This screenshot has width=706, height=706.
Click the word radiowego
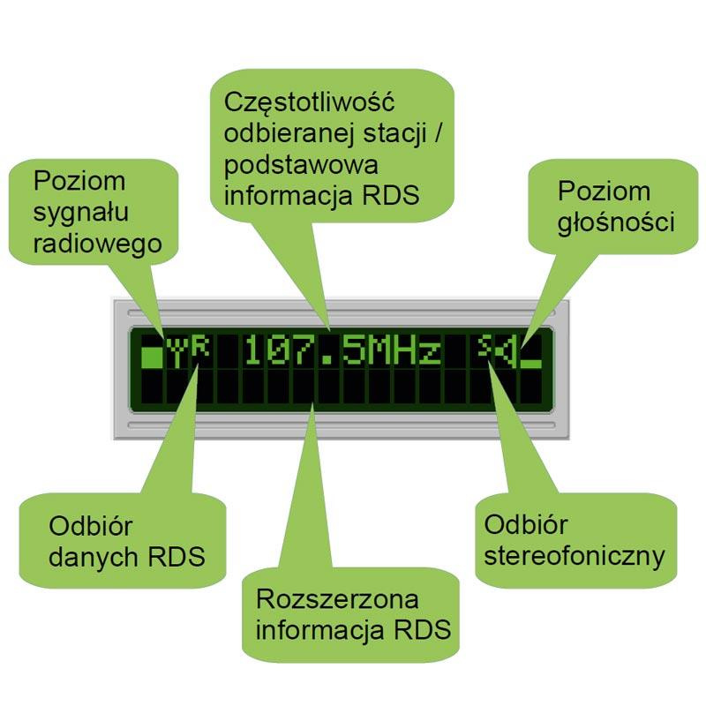click(98, 244)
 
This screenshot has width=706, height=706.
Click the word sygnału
click(82, 213)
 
